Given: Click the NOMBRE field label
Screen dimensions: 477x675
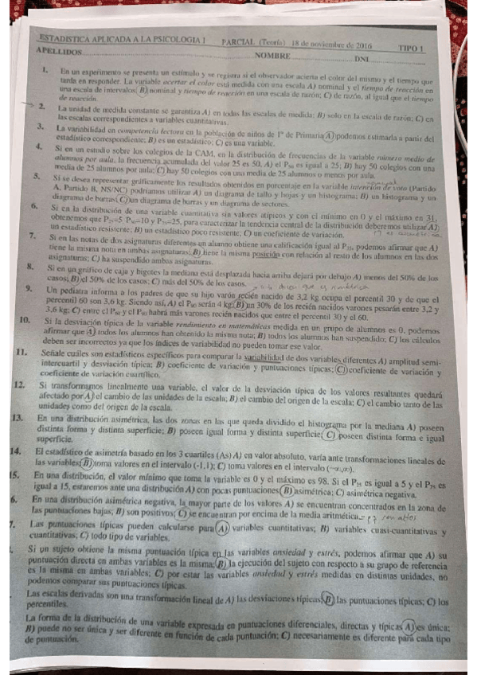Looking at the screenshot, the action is click(271, 55).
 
